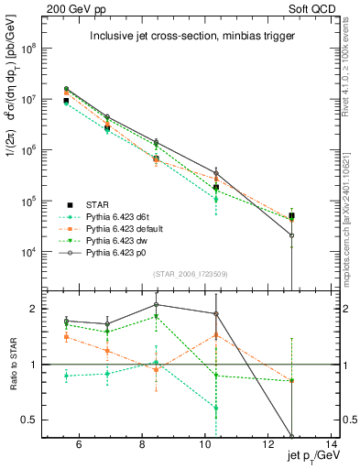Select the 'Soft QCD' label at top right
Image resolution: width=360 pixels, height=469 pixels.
(315, 8)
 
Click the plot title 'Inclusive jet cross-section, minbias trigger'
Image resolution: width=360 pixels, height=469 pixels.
(190, 37)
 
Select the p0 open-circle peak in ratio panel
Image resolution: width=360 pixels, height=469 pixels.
(157, 305)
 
